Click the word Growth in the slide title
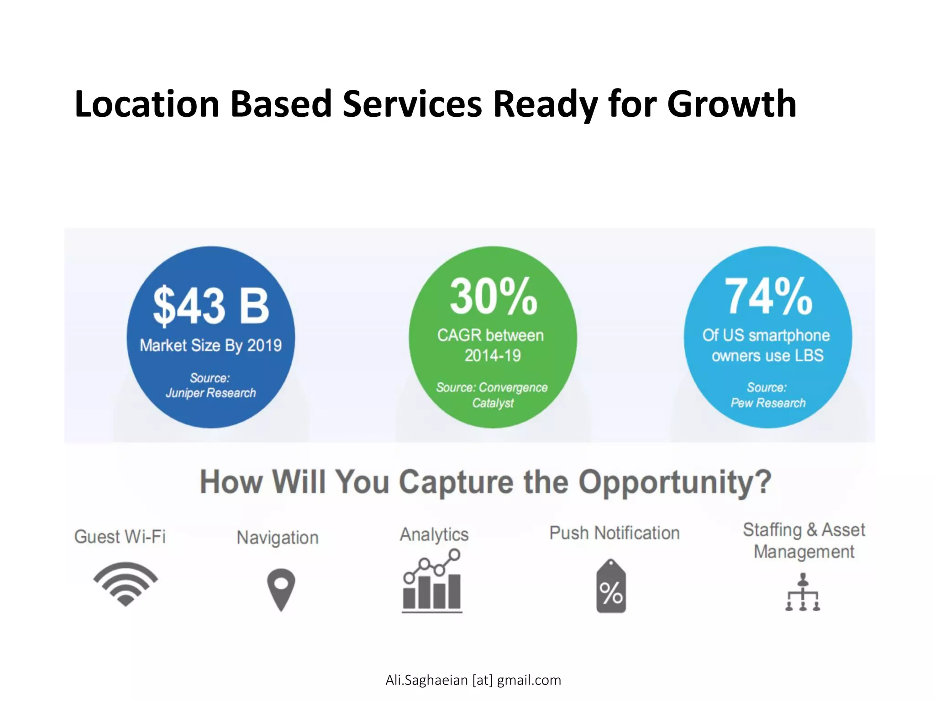tap(731, 104)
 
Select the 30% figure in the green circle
tap(493, 297)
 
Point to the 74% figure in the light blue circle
tap(768, 297)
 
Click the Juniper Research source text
tap(210, 392)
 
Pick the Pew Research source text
tap(768, 403)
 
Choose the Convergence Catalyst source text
tap(492, 395)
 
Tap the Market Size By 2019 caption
tap(210, 345)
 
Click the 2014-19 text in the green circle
tap(493, 356)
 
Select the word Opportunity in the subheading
tap(675, 482)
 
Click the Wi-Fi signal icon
tap(126, 584)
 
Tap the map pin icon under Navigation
tap(281, 589)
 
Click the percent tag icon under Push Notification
tap(611, 587)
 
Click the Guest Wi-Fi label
tap(120, 537)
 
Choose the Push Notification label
tap(614, 533)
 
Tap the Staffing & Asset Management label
tap(804, 541)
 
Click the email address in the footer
tap(473, 680)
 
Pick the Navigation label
tap(278, 538)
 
